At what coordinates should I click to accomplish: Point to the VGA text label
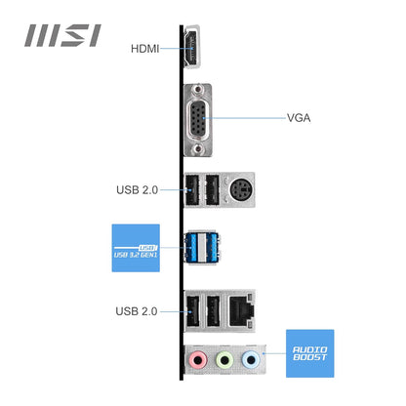coord(300,118)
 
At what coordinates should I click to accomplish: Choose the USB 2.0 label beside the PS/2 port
coord(136,189)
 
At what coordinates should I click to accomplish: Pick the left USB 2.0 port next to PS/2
coord(191,191)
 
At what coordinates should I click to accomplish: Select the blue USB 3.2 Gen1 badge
coord(135,248)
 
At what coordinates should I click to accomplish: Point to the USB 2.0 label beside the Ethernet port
coord(136,311)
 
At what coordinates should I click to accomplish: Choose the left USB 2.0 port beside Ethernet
coord(191,312)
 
